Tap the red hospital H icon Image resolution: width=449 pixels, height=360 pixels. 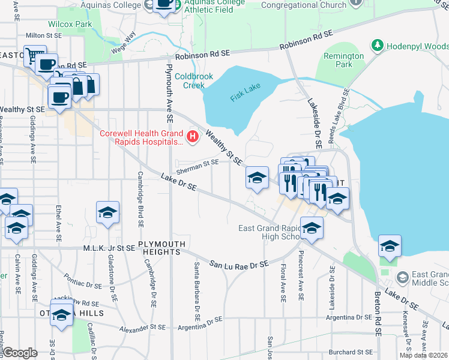pyautogui.click(x=193, y=137)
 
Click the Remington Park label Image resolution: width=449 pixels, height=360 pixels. pyautogui.click(x=344, y=60)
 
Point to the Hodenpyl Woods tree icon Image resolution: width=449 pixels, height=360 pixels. pyautogui.click(x=378, y=46)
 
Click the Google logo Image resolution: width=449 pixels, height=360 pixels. pyautogui.click(x=20, y=352)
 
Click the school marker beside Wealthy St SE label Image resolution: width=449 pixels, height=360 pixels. pyautogui.click(x=257, y=178)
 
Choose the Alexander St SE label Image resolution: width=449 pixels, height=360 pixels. pyautogui.click(x=142, y=328)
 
